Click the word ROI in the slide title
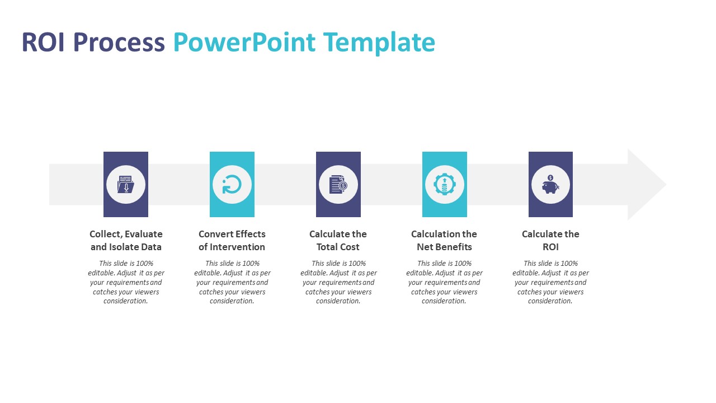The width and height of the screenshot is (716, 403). coord(43,42)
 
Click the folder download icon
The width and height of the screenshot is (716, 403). coord(126,184)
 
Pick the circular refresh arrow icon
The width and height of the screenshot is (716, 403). coord(232,185)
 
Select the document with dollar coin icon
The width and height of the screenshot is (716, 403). coord(338,185)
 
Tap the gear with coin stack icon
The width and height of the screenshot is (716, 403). coord(444,185)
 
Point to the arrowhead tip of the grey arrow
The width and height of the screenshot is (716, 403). coord(666,185)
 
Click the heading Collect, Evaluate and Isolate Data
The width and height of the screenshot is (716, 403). coord(126,241)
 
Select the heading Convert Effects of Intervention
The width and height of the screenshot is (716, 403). coord(232,241)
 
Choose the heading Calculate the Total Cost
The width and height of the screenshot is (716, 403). coord(338,241)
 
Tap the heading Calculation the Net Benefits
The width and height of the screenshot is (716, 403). coord(444,241)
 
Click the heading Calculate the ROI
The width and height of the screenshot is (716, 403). coord(550,241)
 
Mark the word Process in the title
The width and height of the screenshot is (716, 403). coord(119,42)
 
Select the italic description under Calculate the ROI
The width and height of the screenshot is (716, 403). coord(550,282)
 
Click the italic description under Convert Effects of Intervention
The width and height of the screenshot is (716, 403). coord(232,282)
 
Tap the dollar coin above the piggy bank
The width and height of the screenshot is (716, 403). coord(550,178)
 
